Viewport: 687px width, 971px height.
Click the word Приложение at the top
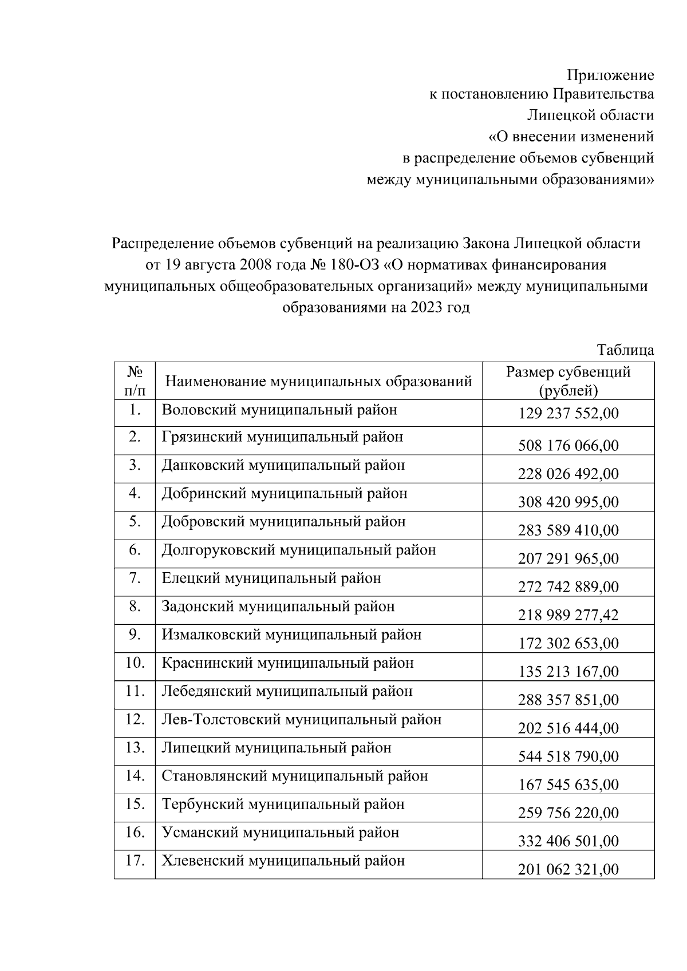click(x=610, y=75)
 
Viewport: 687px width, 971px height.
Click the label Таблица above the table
click(x=625, y=350)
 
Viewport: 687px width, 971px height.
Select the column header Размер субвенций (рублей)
click(x=568, y=381)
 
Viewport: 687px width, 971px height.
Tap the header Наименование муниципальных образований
click(x=318, y=381)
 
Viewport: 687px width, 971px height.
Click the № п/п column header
click(x=135, y=381)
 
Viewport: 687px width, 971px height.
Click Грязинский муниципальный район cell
click(x=282, y=437)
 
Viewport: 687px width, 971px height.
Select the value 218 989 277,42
click(x=568, y=615)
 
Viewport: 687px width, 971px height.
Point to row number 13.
click(x=135, y=748)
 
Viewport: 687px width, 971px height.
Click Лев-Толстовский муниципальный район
click(x=301, y=720)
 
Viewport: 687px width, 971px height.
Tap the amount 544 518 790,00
click(x=568, y=756)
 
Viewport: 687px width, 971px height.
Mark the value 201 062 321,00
click(x=568, y=870)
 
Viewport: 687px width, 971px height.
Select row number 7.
click(x=135, y=578)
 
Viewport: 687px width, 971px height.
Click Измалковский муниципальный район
click(x=291, y=635)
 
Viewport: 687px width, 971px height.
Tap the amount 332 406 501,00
click(x=568, y=841)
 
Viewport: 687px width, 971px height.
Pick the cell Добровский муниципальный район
click(x=283, y=522)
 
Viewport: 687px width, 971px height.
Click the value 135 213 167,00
click(x=568, y=672)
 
